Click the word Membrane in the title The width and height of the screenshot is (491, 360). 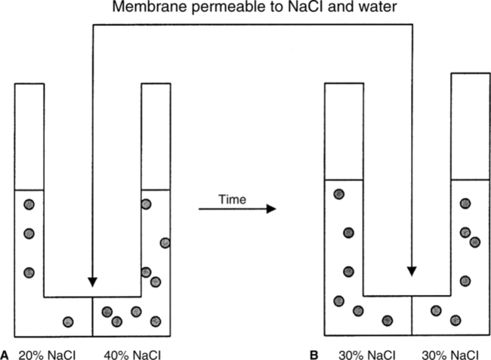pos(141,8)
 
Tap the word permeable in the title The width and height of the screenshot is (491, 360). pos(206,8)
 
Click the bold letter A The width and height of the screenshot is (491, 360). pos(6,353)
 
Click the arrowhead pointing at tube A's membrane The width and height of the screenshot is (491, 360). pos(92,282)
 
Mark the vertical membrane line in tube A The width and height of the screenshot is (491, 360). pos(92,317)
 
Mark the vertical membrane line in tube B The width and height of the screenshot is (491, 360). pos(412,317)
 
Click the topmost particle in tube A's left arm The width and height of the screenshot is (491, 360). pos(29,204)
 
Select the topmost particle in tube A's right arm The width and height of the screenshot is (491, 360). pos(146,204)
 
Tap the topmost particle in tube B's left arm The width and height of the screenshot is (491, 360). pos(339,194)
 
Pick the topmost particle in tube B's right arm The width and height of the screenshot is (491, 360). pos(465,203)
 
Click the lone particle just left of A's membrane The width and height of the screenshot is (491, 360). pos(68,322)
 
